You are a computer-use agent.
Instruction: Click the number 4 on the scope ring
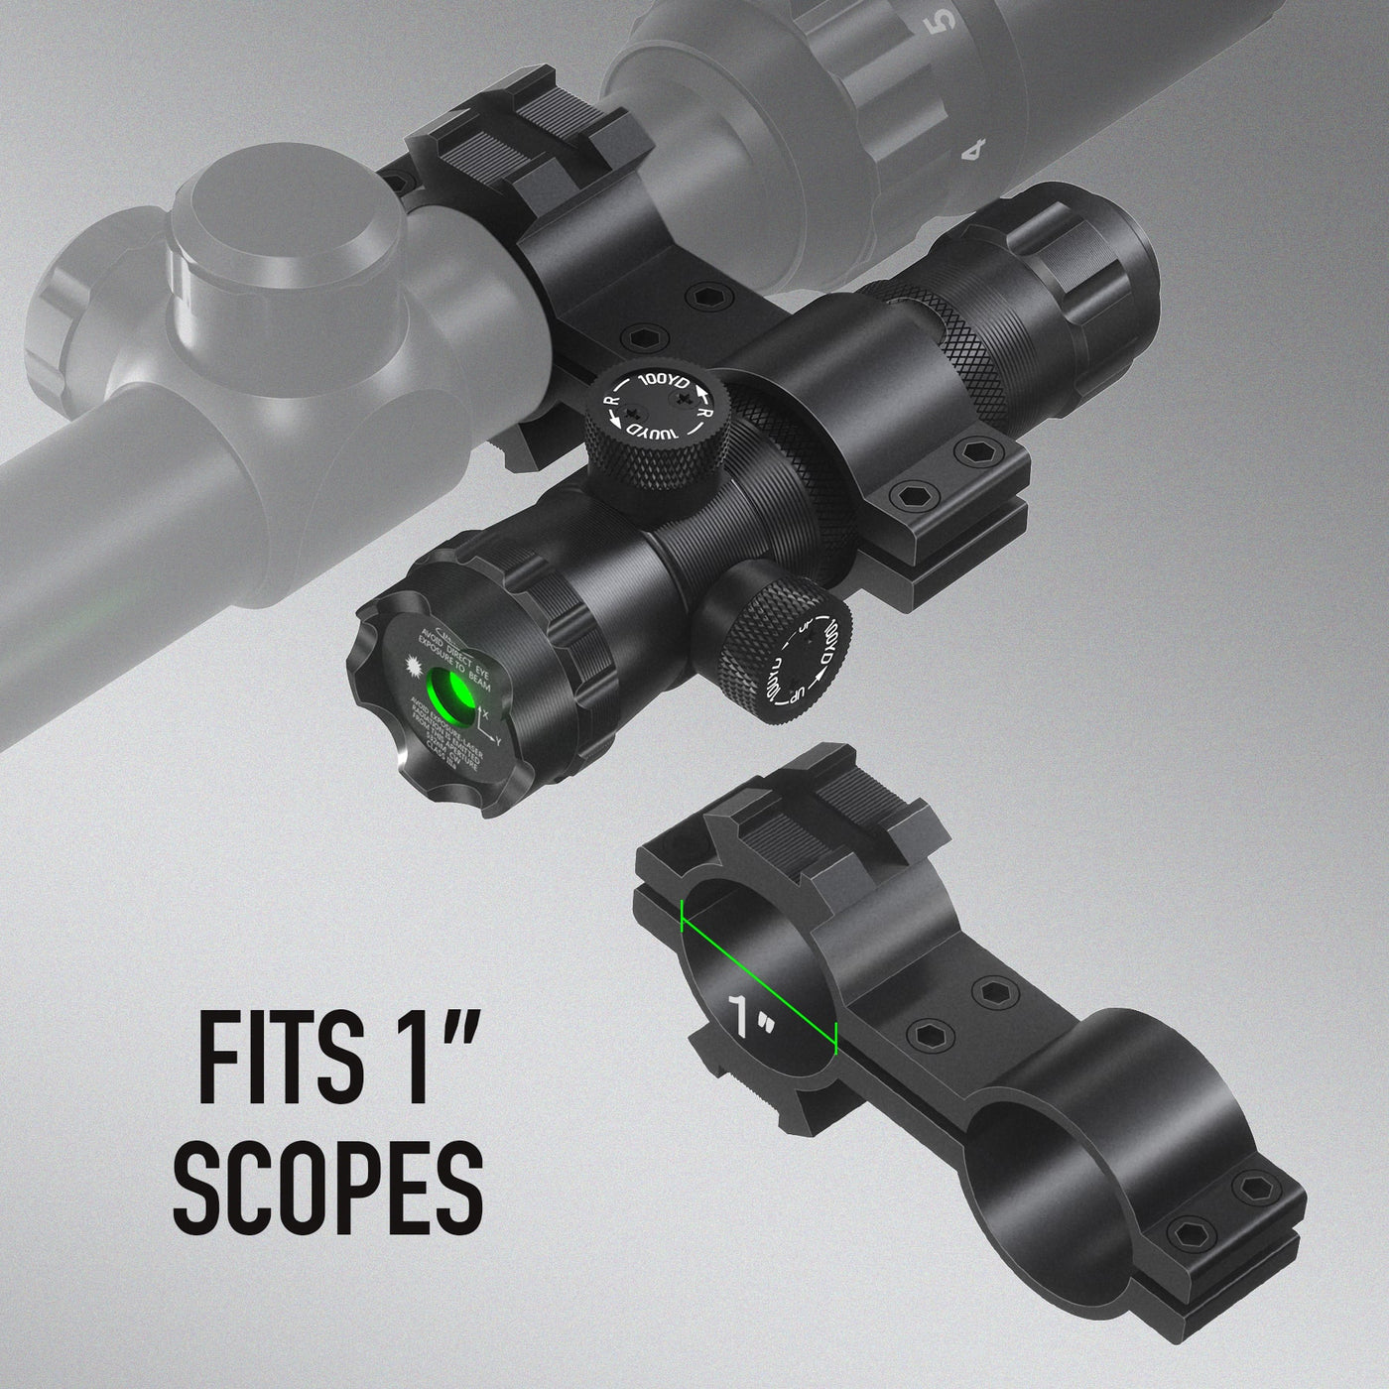pyautogui.click(x=977, y=150)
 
